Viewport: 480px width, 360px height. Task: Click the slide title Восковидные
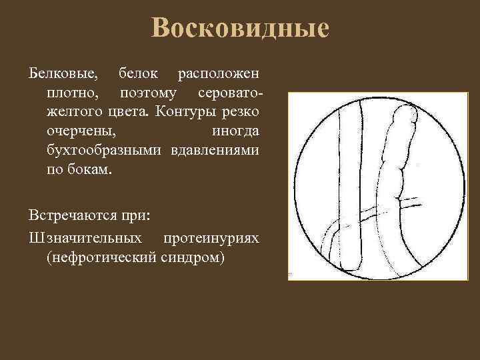click(x=240, y=29)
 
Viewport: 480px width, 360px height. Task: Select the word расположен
click(x=219, y=71)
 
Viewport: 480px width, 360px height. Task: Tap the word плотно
click(x=70, y=90)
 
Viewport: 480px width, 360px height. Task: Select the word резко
click(x=242, y=109)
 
